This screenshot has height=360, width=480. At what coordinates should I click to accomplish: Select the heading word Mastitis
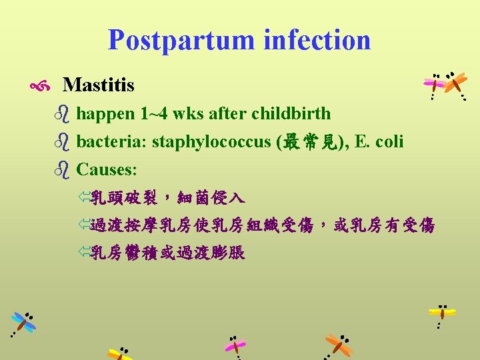98,85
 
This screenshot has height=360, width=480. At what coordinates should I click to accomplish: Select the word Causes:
107,169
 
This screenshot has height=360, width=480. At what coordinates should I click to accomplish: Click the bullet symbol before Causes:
63,170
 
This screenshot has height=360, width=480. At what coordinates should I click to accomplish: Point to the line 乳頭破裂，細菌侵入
167,197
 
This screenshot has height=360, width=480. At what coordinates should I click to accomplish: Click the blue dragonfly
24,323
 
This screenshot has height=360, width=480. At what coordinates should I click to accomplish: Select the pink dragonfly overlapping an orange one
435,85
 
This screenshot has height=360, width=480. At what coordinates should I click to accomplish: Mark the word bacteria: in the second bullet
112,142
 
